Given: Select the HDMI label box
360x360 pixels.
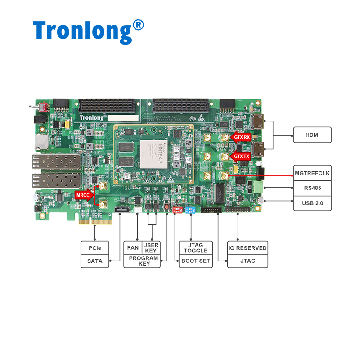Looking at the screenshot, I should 312,135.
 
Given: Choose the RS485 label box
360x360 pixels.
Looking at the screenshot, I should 312,188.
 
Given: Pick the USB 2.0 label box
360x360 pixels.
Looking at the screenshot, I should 312,203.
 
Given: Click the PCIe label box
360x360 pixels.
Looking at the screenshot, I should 95,248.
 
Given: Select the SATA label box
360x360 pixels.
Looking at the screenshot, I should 95,261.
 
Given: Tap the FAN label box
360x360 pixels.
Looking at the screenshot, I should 133,247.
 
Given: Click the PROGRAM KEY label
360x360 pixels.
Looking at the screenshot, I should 143,261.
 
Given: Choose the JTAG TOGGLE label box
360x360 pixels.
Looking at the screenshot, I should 196,248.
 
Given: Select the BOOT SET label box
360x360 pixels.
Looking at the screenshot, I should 196,261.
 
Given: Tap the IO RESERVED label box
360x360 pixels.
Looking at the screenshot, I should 247,248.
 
